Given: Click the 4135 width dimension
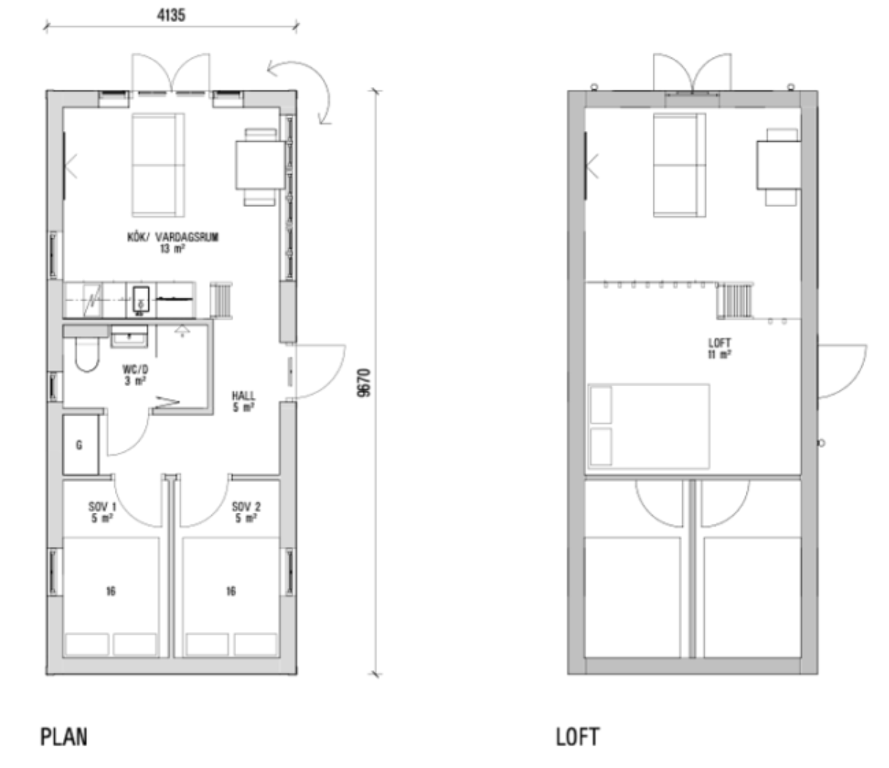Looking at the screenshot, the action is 171,15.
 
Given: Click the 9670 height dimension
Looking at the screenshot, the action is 364,383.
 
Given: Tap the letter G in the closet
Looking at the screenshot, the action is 79,445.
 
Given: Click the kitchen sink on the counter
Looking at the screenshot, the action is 140,299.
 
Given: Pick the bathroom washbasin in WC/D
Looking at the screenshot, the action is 129,336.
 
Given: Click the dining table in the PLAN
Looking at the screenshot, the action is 260,165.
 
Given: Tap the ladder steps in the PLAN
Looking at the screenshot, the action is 221,301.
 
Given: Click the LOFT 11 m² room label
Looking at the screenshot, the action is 719,348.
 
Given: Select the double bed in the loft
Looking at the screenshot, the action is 648,426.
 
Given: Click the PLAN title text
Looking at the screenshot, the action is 64,737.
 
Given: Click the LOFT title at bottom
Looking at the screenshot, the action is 578,737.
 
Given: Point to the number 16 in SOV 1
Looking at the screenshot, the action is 111,592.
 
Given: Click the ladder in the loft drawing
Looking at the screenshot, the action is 735,301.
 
